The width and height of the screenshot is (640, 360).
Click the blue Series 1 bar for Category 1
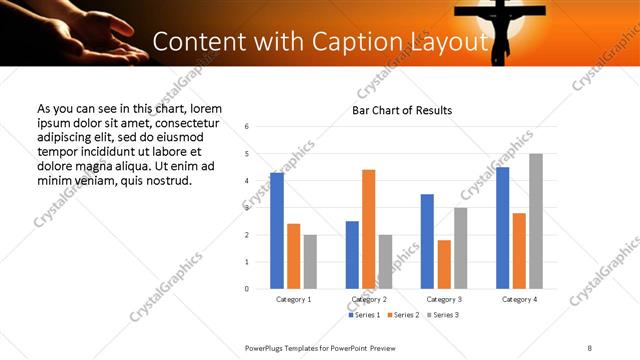coord(277,231)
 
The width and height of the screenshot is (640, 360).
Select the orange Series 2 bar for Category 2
coord(368,229)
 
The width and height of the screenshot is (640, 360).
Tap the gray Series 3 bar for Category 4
coord(536,221)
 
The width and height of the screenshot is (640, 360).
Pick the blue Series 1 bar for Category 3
coord(427,241)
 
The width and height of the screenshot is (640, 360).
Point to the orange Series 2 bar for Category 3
coord(444,264)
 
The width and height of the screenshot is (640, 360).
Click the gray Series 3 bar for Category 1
coord(310,262)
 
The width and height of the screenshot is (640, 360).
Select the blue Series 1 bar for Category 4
coord(502,228)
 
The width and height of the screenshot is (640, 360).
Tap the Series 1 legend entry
coord(364,315)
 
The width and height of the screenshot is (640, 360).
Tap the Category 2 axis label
coord(369,299)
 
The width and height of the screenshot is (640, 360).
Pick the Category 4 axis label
coord(519,299)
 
